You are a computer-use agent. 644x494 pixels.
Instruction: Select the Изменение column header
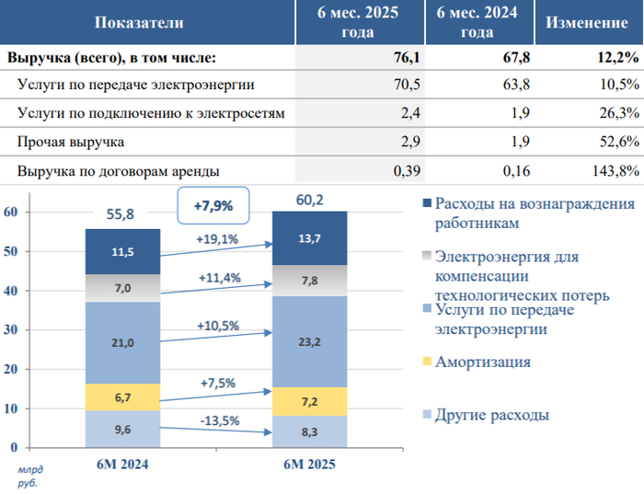pos(587,22)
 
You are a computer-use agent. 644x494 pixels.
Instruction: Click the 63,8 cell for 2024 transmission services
pos(493,86)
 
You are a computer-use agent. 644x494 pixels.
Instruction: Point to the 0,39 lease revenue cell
pos(407,170)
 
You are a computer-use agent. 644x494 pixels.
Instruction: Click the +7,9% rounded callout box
pos(213,206)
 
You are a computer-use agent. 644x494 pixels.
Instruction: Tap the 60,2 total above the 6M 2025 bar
pos(308,197)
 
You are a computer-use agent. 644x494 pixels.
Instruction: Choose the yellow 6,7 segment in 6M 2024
pos(122,397)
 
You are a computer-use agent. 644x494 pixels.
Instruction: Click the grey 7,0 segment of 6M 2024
pos(122,289)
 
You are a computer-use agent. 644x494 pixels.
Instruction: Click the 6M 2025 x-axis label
pos(309,465)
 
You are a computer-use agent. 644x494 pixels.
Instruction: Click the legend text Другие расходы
pos(492,415)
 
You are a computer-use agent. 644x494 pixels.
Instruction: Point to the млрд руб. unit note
pos(28,476)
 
